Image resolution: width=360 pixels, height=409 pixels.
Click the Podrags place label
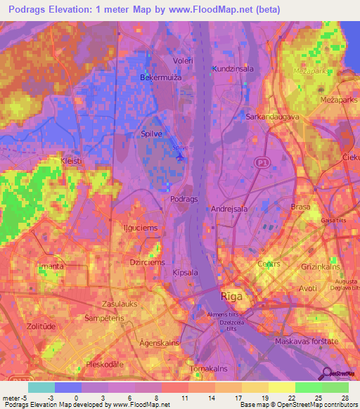185,199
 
